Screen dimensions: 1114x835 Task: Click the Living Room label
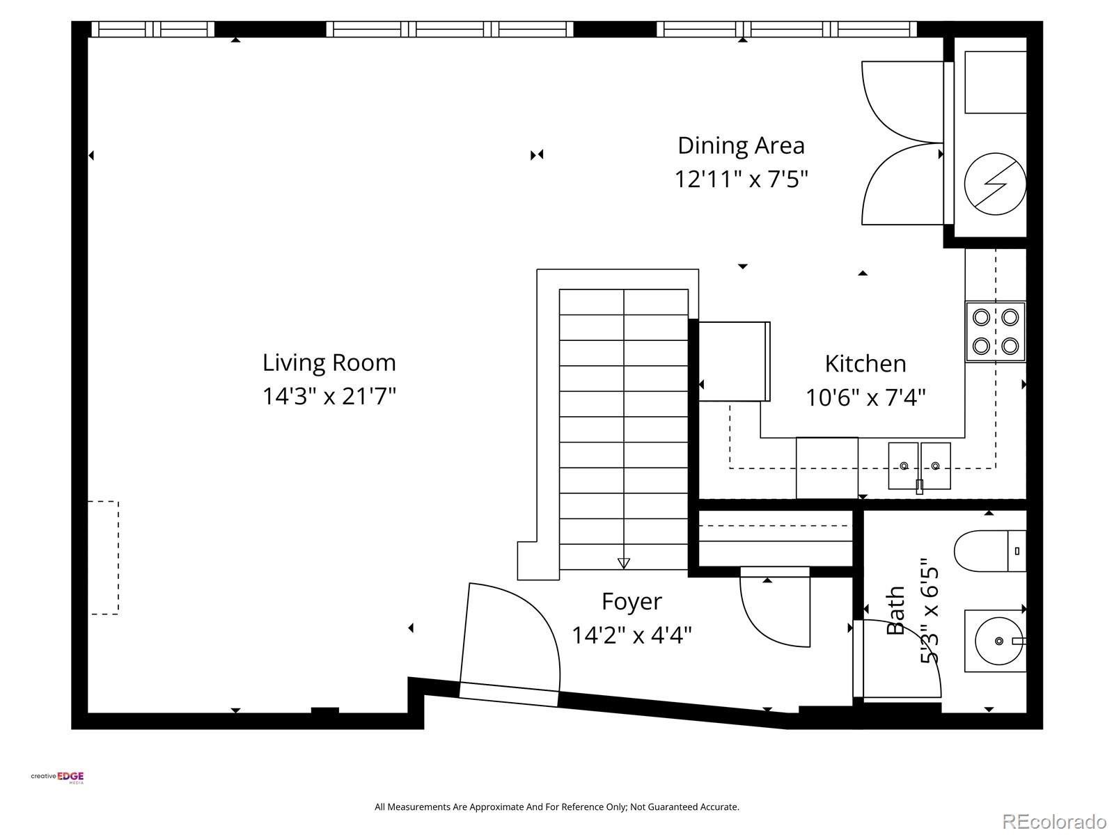pos(329,363)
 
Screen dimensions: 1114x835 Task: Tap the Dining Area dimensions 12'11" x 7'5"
pos(741,179)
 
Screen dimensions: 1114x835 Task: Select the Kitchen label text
pos(865,363)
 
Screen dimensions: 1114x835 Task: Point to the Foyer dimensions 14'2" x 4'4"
pos(632,635)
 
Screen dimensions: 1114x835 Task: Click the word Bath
pos(895,610)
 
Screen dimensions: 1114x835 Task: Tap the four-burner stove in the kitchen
pos(995,332)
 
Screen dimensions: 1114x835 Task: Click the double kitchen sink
pos(919,466)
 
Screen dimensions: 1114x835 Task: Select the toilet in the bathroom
pos(989,550)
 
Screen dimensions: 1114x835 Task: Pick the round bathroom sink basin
pos(999,641)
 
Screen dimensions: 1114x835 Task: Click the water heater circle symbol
pos(995,184)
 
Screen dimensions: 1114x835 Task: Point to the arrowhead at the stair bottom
pos(624,563)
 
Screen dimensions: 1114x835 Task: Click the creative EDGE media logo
pos(57,777)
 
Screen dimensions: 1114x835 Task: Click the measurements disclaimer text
pos(557,806)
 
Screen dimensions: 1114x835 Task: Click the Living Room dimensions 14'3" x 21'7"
pos(329,396)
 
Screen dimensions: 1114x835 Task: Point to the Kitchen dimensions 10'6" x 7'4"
pos(865,397)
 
